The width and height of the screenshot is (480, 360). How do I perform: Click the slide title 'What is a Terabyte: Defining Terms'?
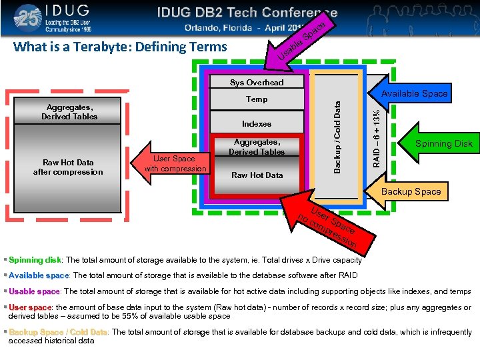pyautogui.click(x=120, y=47)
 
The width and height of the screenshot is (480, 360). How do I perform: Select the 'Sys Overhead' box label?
pyautogui.click(x=257, y=83)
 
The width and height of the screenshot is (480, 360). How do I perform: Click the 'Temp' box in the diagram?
pyautogui.click(x=257, y=99)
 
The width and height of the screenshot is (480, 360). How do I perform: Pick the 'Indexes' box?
pyautogui.click(x=257, y=124)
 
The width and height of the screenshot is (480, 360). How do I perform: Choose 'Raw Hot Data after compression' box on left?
pyautogui.click(x=68, y=167)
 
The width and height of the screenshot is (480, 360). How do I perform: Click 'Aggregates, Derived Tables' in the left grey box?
pyautogui.click(x=69, y=111)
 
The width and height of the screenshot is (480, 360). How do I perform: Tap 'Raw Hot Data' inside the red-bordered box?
pyautogui.click(x=257, y=175)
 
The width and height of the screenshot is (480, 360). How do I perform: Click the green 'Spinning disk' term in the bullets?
pyautogui.click(x=35, y=260)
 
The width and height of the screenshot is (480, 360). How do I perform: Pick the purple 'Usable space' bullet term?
pyautogui.click(x=34, y=291)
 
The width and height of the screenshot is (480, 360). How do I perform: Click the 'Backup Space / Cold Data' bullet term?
pyautogui.click(x=58, y=332)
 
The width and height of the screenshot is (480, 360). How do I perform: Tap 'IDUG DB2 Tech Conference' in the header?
pyautogui.click(x=247, y=13)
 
